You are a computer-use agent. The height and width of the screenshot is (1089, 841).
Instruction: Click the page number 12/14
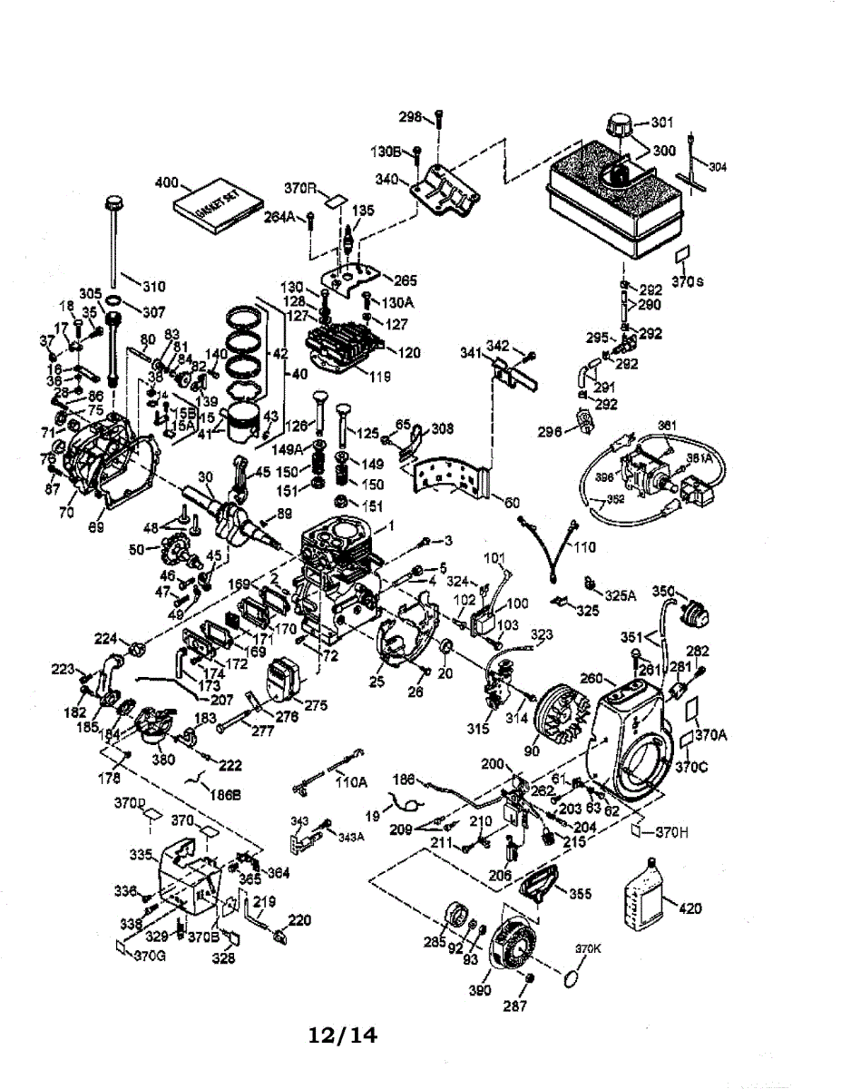pos(342,1034)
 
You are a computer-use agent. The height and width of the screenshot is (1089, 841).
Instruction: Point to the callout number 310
pos(153,287)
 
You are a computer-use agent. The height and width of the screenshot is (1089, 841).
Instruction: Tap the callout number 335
pos(141,855)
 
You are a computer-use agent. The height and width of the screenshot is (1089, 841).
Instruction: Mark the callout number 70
pos(65,512)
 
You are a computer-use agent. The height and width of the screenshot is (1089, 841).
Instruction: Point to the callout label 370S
pos(689,281)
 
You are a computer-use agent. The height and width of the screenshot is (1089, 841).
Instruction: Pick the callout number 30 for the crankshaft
pos(205,476)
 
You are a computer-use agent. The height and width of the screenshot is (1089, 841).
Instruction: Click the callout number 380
pos(163,760)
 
